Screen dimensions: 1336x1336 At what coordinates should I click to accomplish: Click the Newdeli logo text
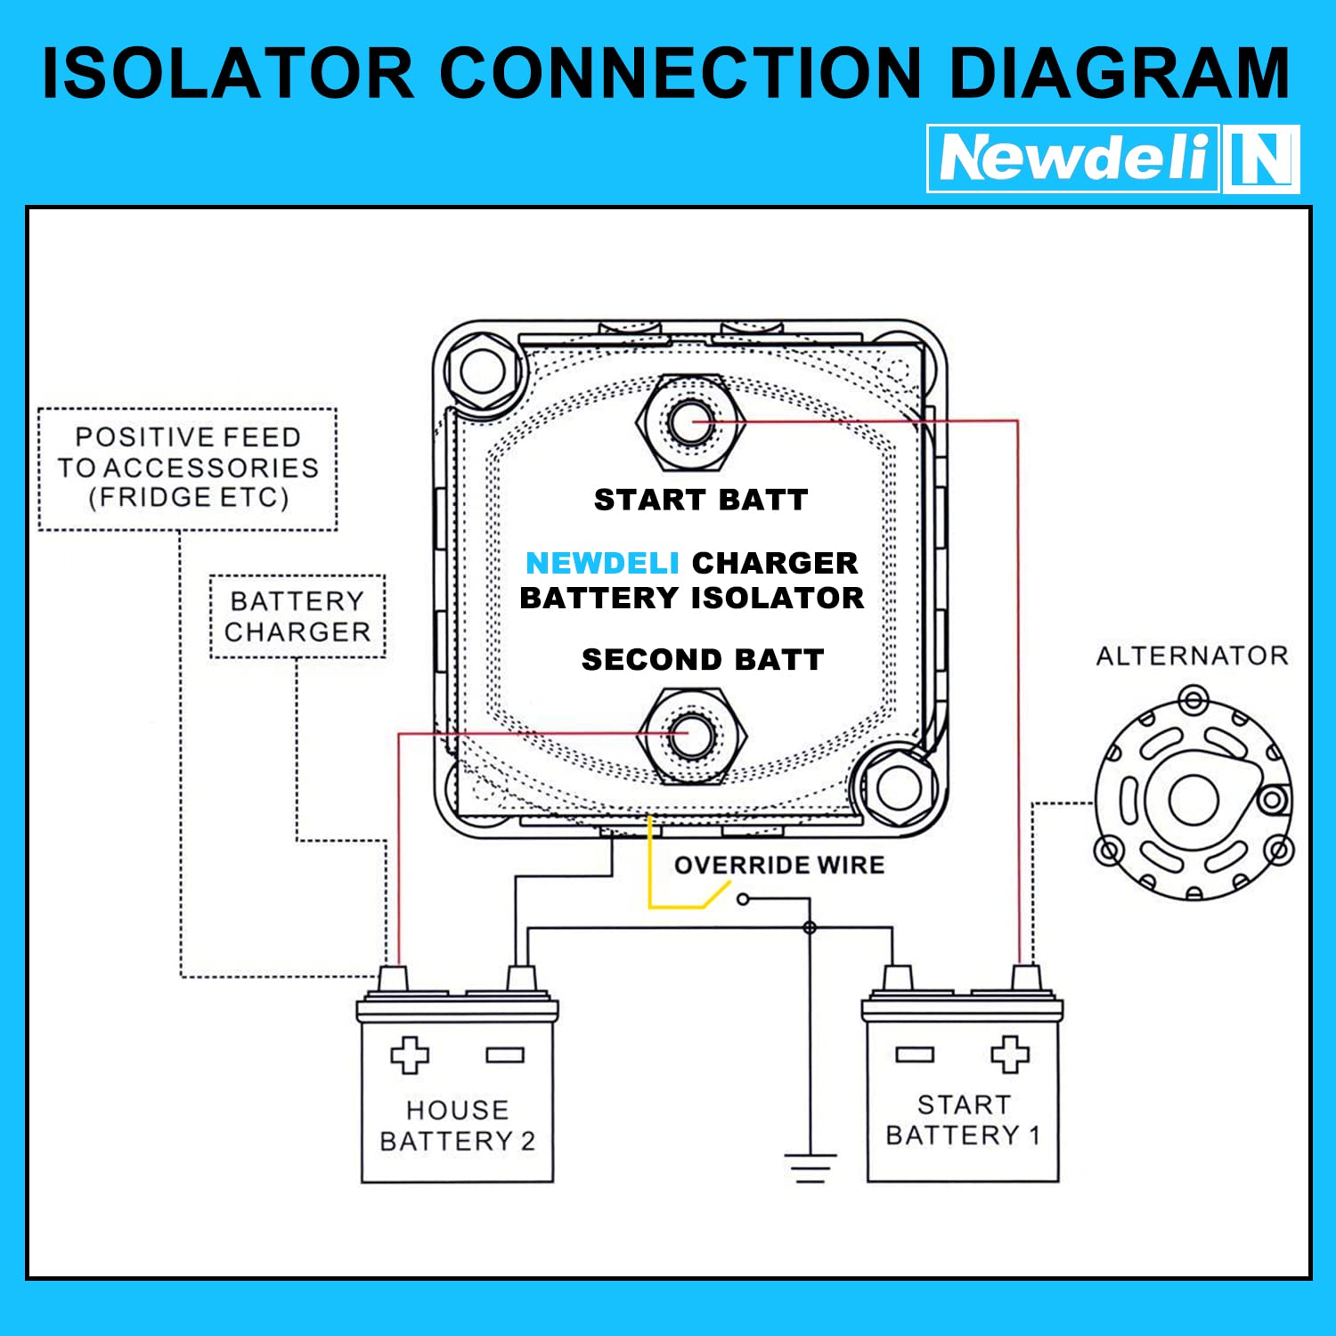click(x=1073, y=159)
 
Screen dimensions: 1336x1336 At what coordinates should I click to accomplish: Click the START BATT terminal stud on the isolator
click(x=690, y=421)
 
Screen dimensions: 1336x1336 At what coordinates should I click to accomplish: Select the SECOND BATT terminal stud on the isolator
click(x=691, y=735)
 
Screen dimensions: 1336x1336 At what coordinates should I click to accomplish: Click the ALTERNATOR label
click(x=1192, y=656)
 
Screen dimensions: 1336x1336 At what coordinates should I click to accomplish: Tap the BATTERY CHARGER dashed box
click(x=297, y=616)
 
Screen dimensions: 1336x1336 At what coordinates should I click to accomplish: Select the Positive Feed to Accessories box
click(x=188, y=468)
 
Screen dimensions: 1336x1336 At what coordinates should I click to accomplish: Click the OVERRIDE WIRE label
click(x=779, y=865)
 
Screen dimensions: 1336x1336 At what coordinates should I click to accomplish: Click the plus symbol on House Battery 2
click(x=409, y=1055)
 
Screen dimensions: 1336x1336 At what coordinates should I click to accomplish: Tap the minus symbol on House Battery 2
click(x=504, y=1055)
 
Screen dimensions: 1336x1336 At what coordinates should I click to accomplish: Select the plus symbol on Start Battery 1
click(x=1009, y=1055)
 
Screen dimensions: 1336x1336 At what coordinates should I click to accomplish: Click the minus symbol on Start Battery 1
click(x=915, y=1055)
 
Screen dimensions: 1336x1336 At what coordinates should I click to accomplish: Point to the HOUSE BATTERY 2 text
click(x=457, y=1125)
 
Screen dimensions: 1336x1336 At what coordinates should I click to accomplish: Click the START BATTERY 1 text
click(x=963, y=1120)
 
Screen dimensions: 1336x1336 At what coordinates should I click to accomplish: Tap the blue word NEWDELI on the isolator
click(x=602, y=563)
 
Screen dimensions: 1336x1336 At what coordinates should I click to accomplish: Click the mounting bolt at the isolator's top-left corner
click(x=482, y=371)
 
